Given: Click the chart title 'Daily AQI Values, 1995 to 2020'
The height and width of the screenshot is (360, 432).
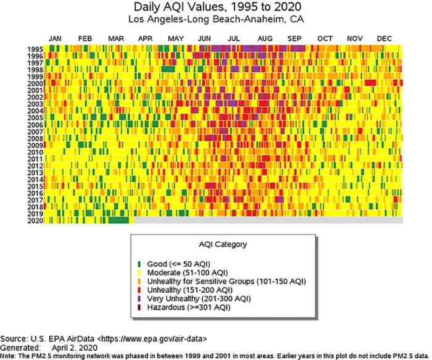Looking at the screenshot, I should tap(215, 7).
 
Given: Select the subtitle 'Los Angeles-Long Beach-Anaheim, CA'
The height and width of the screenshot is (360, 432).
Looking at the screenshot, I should tap(215, 20).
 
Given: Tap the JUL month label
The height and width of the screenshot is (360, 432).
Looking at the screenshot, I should tap(234, 39).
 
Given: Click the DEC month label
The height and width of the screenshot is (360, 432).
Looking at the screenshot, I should tap(384, 39).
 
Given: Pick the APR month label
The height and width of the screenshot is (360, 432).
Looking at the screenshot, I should tap(145, 39).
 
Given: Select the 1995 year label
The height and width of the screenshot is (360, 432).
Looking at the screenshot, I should tap(35, 49).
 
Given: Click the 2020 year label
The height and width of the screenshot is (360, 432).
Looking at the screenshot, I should tap(35, 220).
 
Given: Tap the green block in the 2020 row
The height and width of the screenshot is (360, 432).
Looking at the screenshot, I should tap(118, 220).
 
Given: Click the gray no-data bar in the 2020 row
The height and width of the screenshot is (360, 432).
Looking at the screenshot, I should tap(265, 220).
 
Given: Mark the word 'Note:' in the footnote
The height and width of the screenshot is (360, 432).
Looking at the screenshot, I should tap(9, 356).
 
